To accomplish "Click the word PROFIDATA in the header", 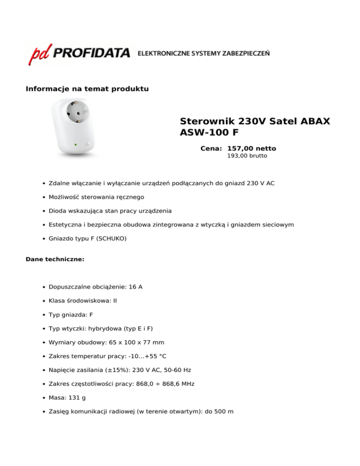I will pos(92,53).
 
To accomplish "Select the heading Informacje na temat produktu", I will pos(87,89).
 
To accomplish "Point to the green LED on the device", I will pos(76,144).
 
